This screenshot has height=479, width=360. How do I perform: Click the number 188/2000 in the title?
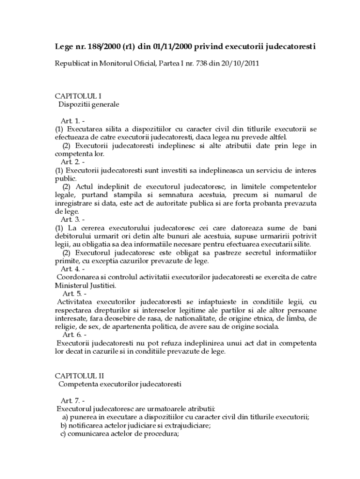[x=102, y=47]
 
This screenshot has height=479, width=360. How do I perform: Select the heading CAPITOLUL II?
[x=80, y=376]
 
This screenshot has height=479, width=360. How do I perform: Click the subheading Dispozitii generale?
[x=89, y=104]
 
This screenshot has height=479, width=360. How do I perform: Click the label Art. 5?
[x=71, y=293]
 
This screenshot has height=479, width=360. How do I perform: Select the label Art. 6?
[x=71, y=334]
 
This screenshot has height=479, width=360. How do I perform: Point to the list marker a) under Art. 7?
[x=65, y=417]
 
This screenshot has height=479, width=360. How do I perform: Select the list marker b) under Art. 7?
[x=63, y=425]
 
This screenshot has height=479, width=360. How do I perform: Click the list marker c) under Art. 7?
[x=63, y=433]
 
